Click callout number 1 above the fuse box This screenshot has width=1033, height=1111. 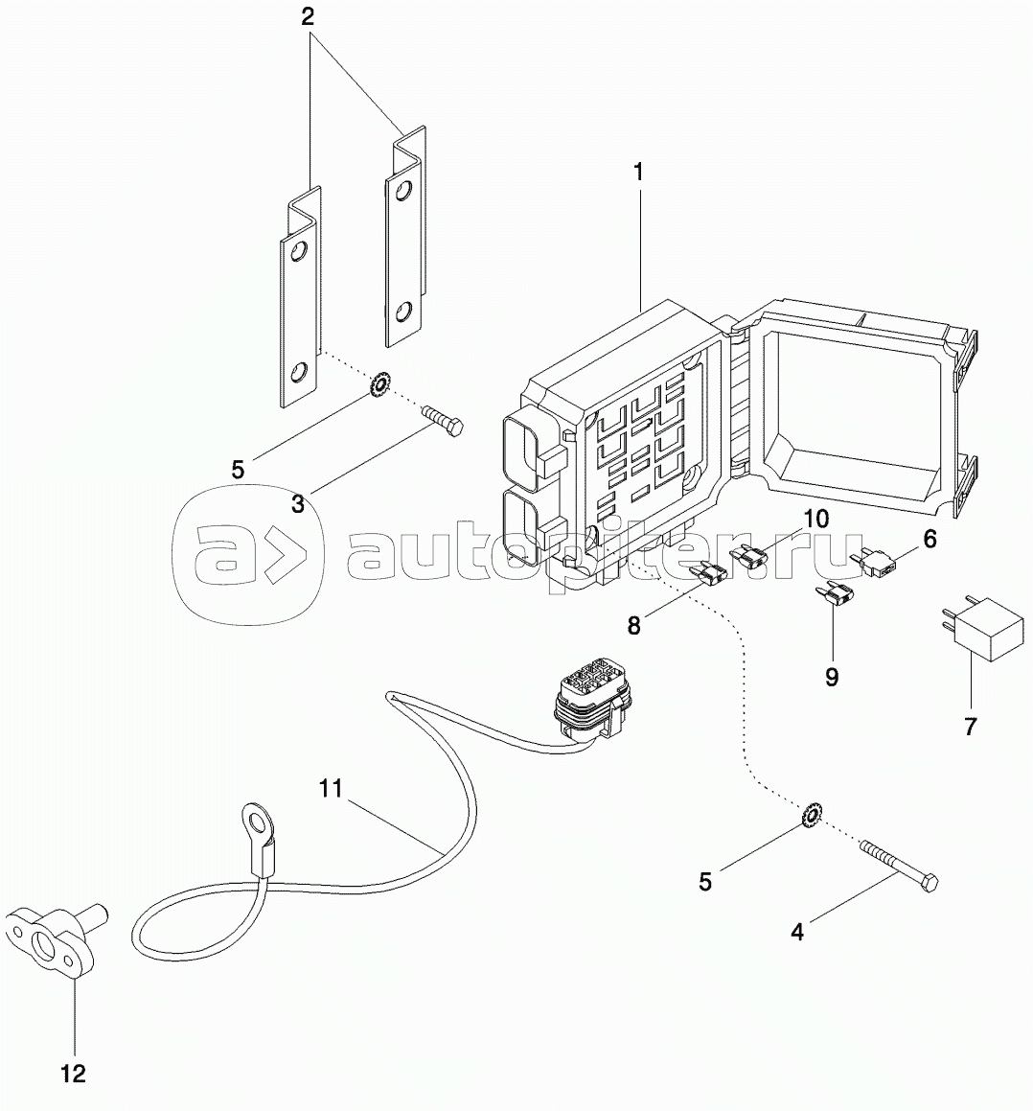[638, 173]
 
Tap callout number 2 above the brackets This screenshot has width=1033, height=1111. [308, 17]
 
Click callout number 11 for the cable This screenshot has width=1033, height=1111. [331, 788]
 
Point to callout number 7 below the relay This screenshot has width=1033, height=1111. [971, 727]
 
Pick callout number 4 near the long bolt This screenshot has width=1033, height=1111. [797, 933]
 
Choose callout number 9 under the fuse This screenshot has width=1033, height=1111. [832, 678]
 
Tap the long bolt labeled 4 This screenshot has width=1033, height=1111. [899, 866]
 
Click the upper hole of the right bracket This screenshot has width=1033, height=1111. [403, 191]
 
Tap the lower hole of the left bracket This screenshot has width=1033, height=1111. [300, 370]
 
